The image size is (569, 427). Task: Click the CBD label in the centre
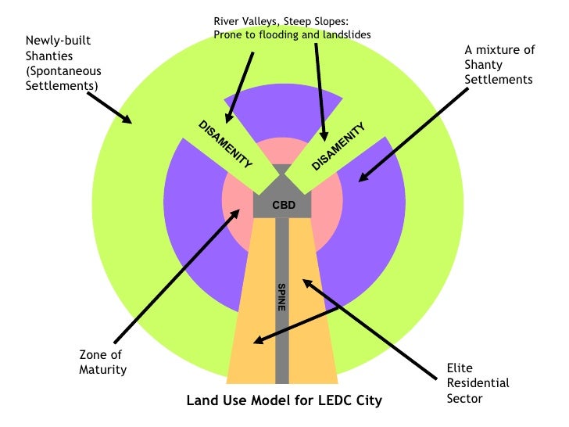(282, 205)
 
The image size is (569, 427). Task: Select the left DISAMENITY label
(225, 144)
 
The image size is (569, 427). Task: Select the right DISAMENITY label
(338, 145)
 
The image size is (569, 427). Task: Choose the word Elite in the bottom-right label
(461, 368)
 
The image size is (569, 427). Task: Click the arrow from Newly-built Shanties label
(109, 107)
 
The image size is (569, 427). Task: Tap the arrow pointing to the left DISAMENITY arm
(240, 85)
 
